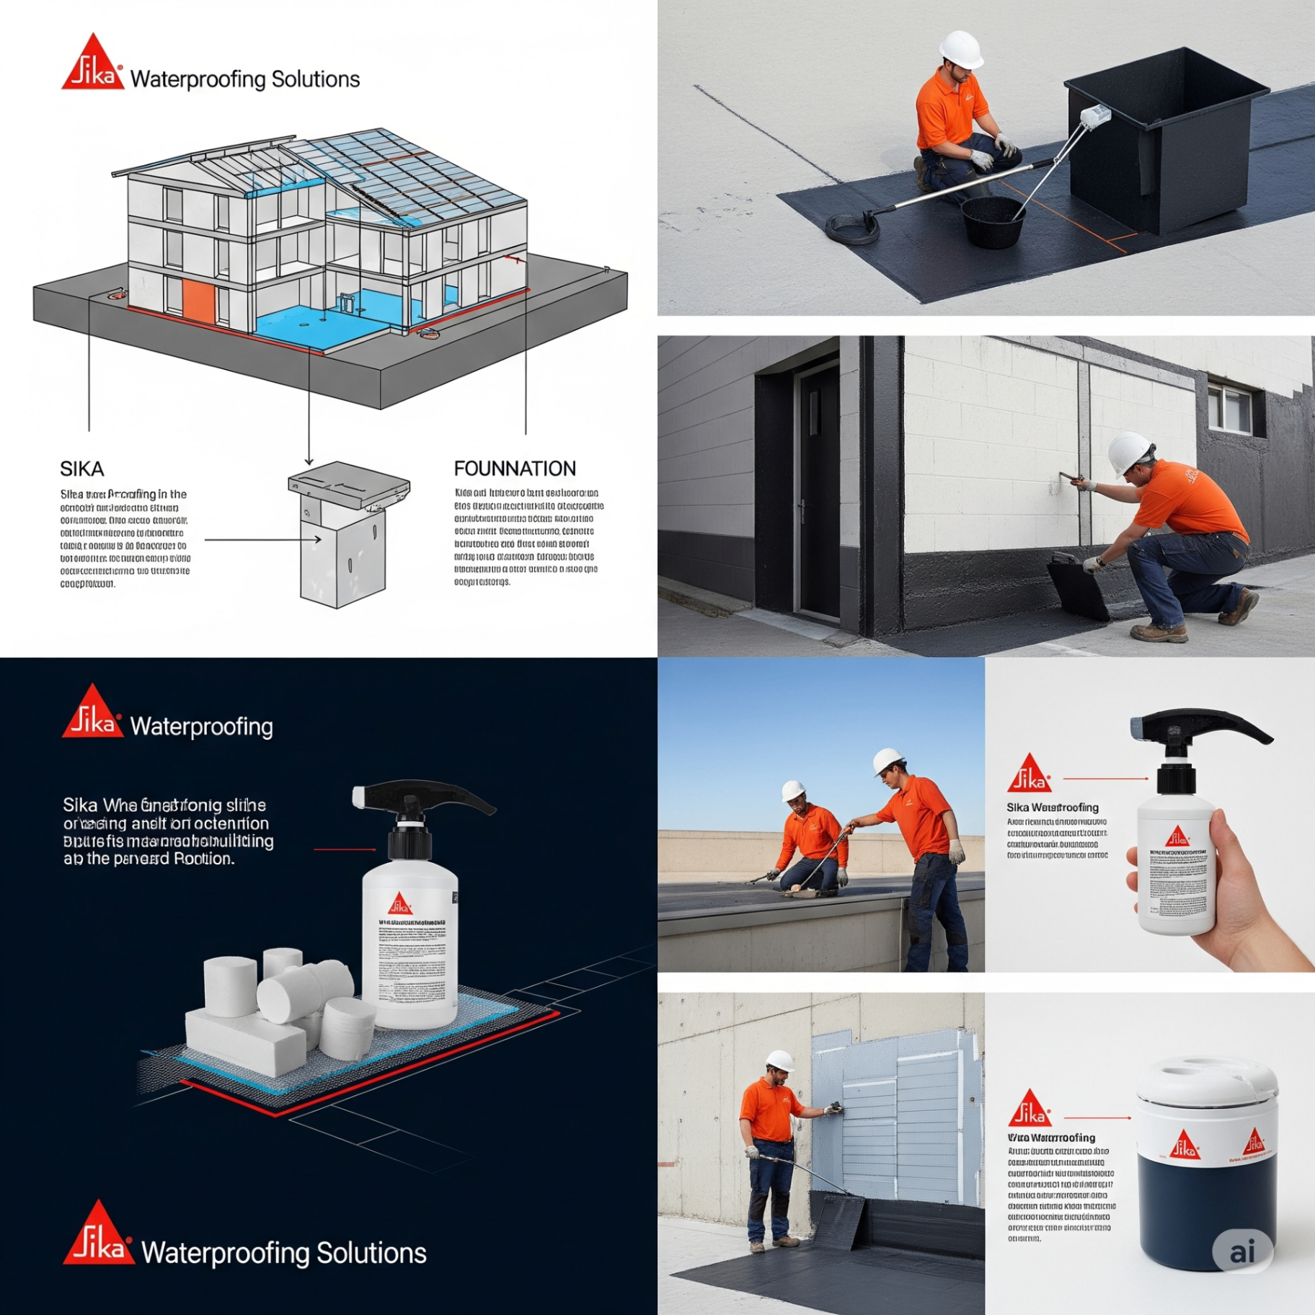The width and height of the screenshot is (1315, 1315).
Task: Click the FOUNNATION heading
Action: [x=514, y=469]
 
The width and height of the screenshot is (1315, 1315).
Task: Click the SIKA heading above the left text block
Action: [x=81, y=469]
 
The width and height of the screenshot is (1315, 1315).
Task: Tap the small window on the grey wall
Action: [x=1230, y=409]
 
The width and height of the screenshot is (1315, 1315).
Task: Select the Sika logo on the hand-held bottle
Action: [x=1177, y=837]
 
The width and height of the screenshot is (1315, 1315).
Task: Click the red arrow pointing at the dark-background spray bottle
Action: [x=345, y=849]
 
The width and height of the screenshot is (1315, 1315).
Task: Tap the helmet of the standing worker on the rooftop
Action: [x=887, y=760]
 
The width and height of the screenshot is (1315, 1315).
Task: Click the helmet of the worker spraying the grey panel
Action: [x=779, y=1061]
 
